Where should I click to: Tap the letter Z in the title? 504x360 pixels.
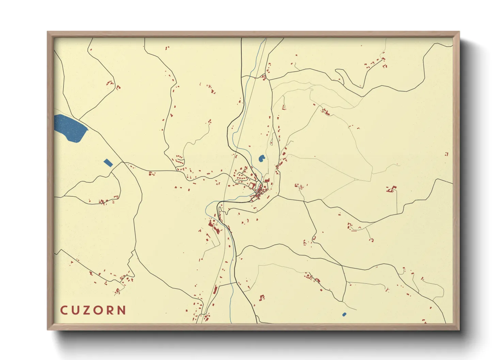tap(87, 310)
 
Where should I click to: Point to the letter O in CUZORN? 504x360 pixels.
tap(99, 310)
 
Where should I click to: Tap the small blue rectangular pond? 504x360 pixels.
tap(108, 163)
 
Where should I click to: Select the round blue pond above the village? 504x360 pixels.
tap(262, 158)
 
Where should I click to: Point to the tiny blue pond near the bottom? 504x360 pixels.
tap(344, 314)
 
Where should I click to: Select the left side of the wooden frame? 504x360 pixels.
tap(50, 180)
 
